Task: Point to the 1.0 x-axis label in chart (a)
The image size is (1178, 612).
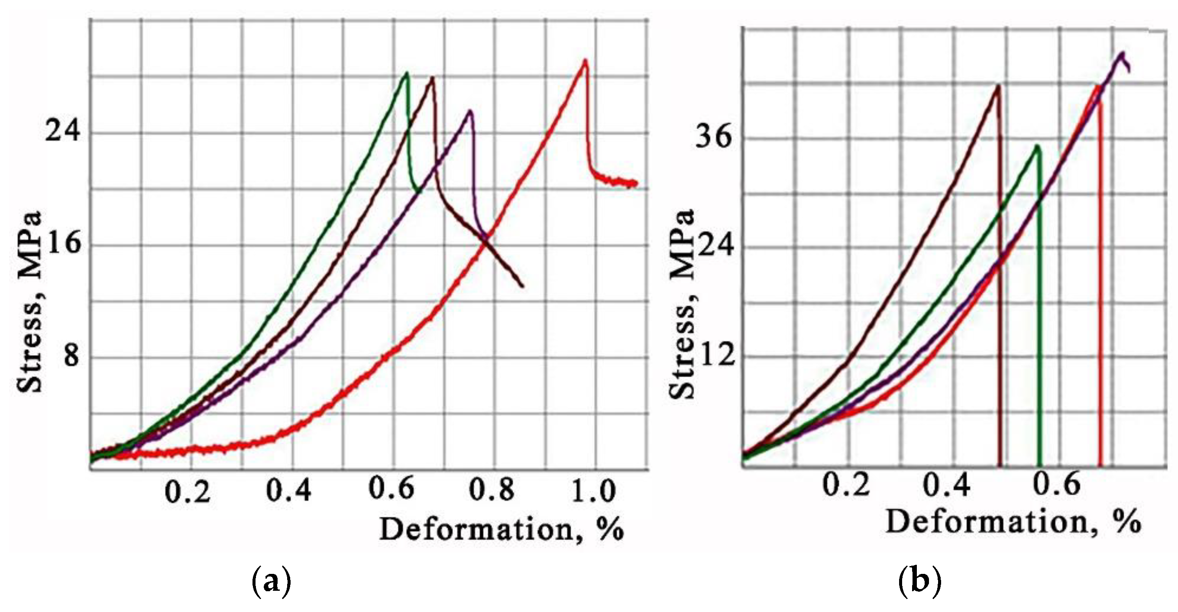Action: point(594,491)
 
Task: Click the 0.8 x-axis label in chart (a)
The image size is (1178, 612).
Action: point(492,491)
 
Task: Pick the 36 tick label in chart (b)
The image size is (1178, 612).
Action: point(714,136)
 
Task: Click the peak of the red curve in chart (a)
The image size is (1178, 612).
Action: point(585,61)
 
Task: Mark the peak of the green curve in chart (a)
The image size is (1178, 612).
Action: point(406,73)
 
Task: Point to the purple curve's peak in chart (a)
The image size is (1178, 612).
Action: point(469,111)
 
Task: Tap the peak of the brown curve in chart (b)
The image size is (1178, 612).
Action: point(997,85)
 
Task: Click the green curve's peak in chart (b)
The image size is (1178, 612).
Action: point(1037,146)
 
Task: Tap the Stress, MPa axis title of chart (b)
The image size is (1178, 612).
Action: point(682,304)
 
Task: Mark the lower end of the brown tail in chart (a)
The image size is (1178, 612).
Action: point(522,286)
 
